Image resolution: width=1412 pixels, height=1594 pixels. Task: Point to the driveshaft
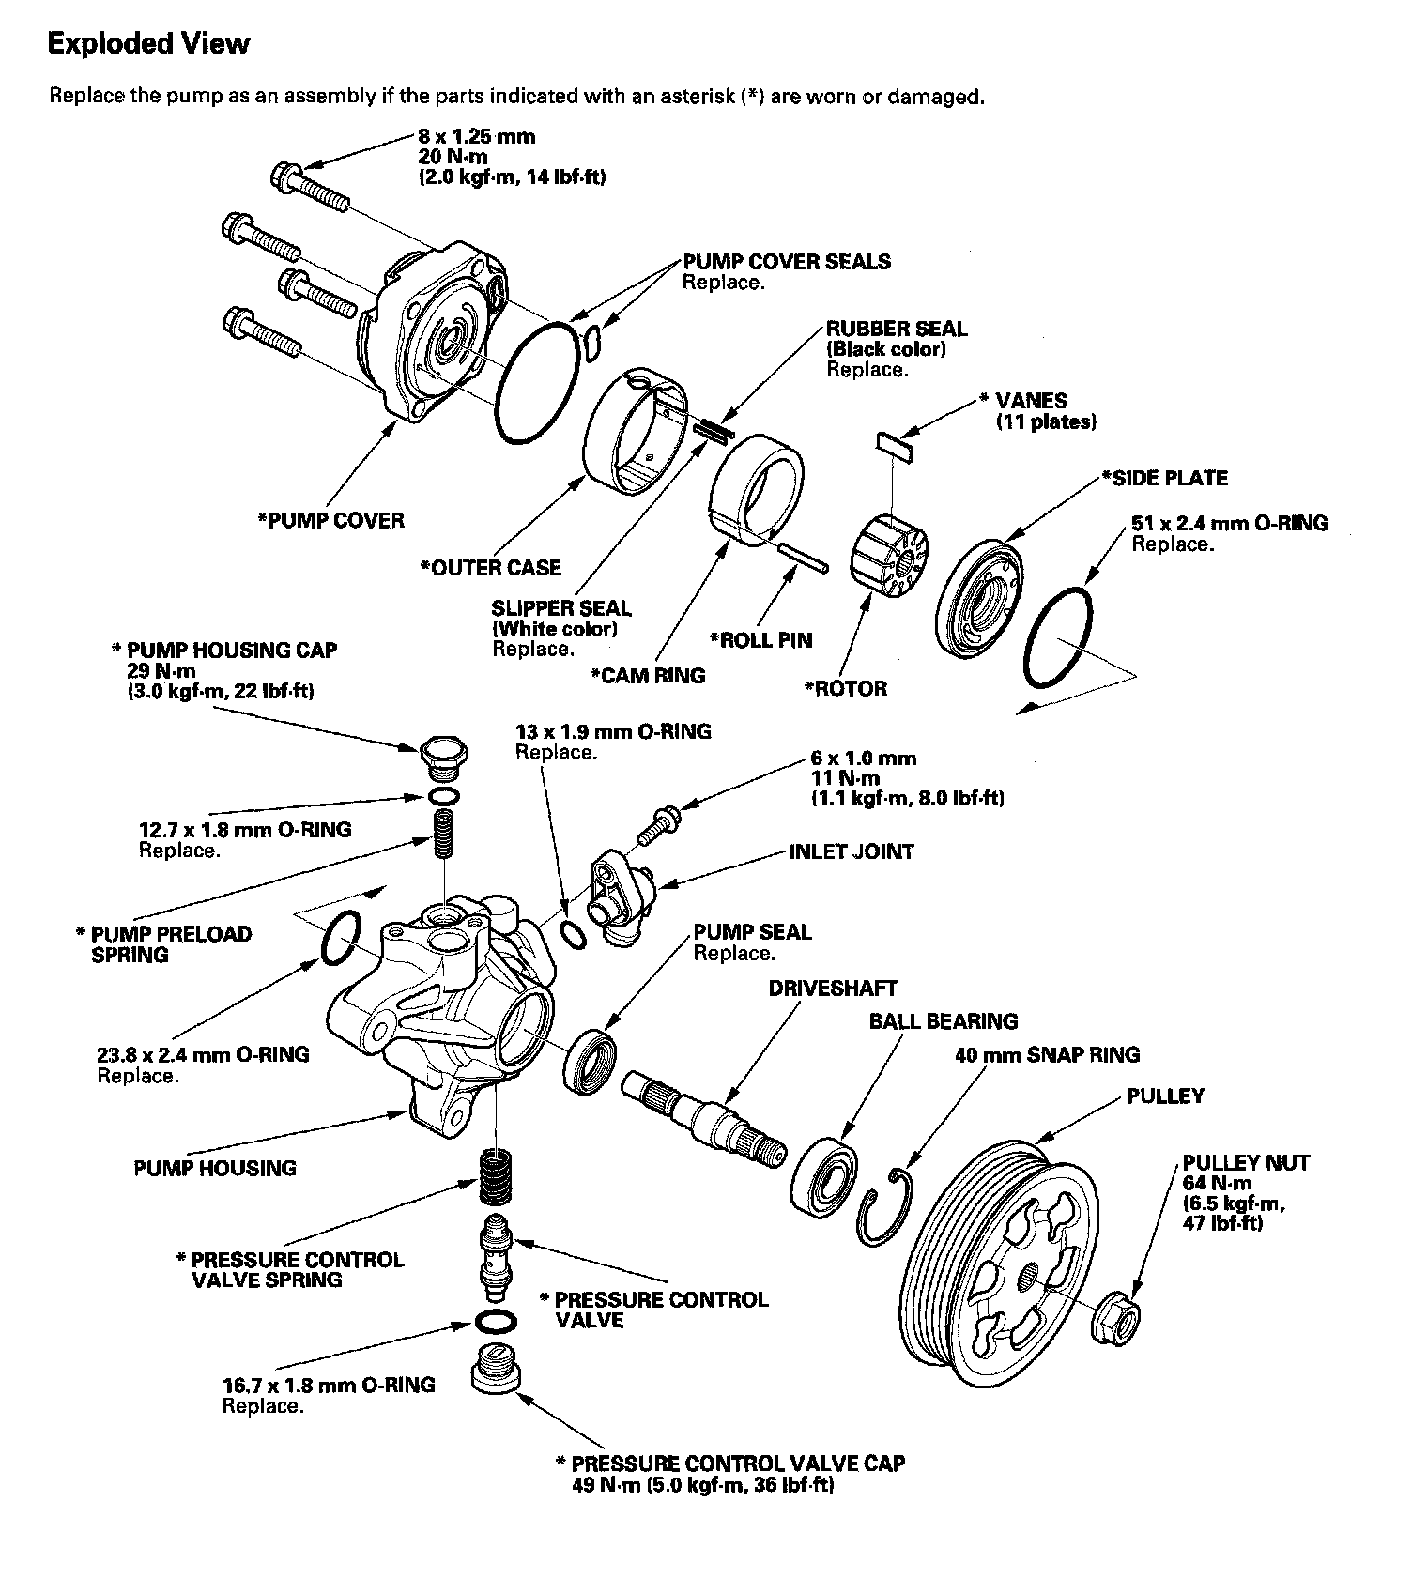(704, 1117)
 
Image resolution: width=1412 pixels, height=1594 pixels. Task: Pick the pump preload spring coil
(443, 833)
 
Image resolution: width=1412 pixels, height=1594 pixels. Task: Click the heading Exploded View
(149, 43)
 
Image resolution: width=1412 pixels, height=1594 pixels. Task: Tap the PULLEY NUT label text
(1246, 1162)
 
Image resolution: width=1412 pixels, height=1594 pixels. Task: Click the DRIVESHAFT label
(833, 989)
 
